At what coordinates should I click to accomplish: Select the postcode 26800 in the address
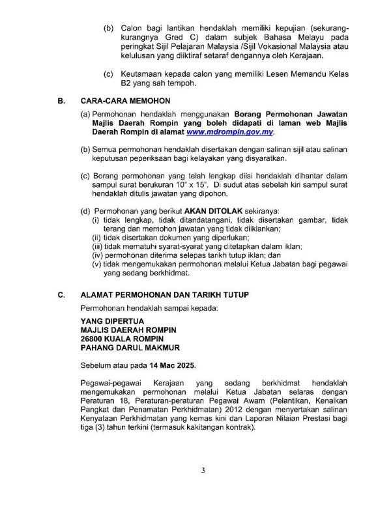click(x=93, y=339)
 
